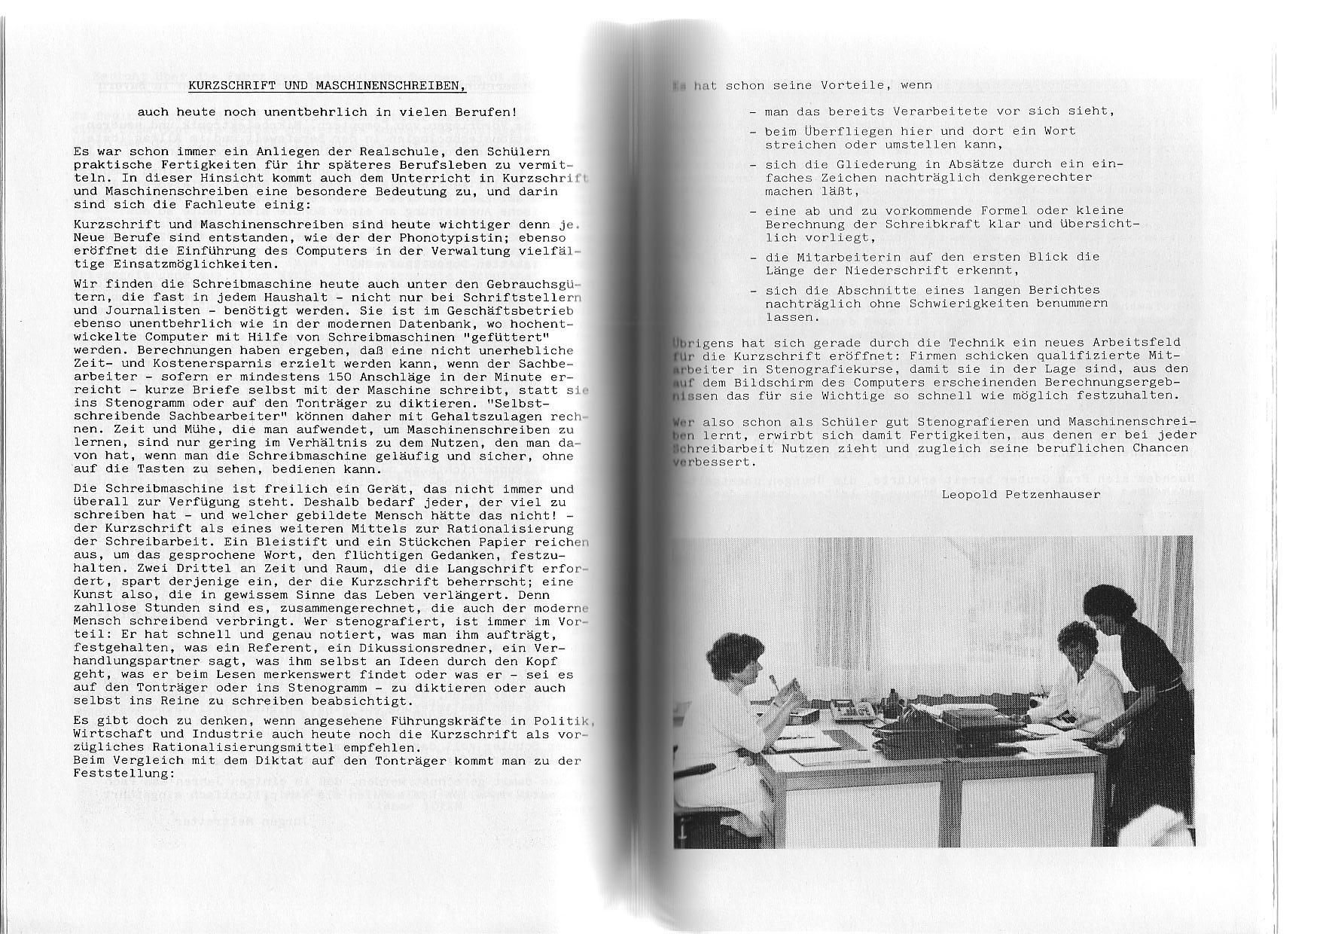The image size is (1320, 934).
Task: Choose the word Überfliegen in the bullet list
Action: [x=828, y=131]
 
